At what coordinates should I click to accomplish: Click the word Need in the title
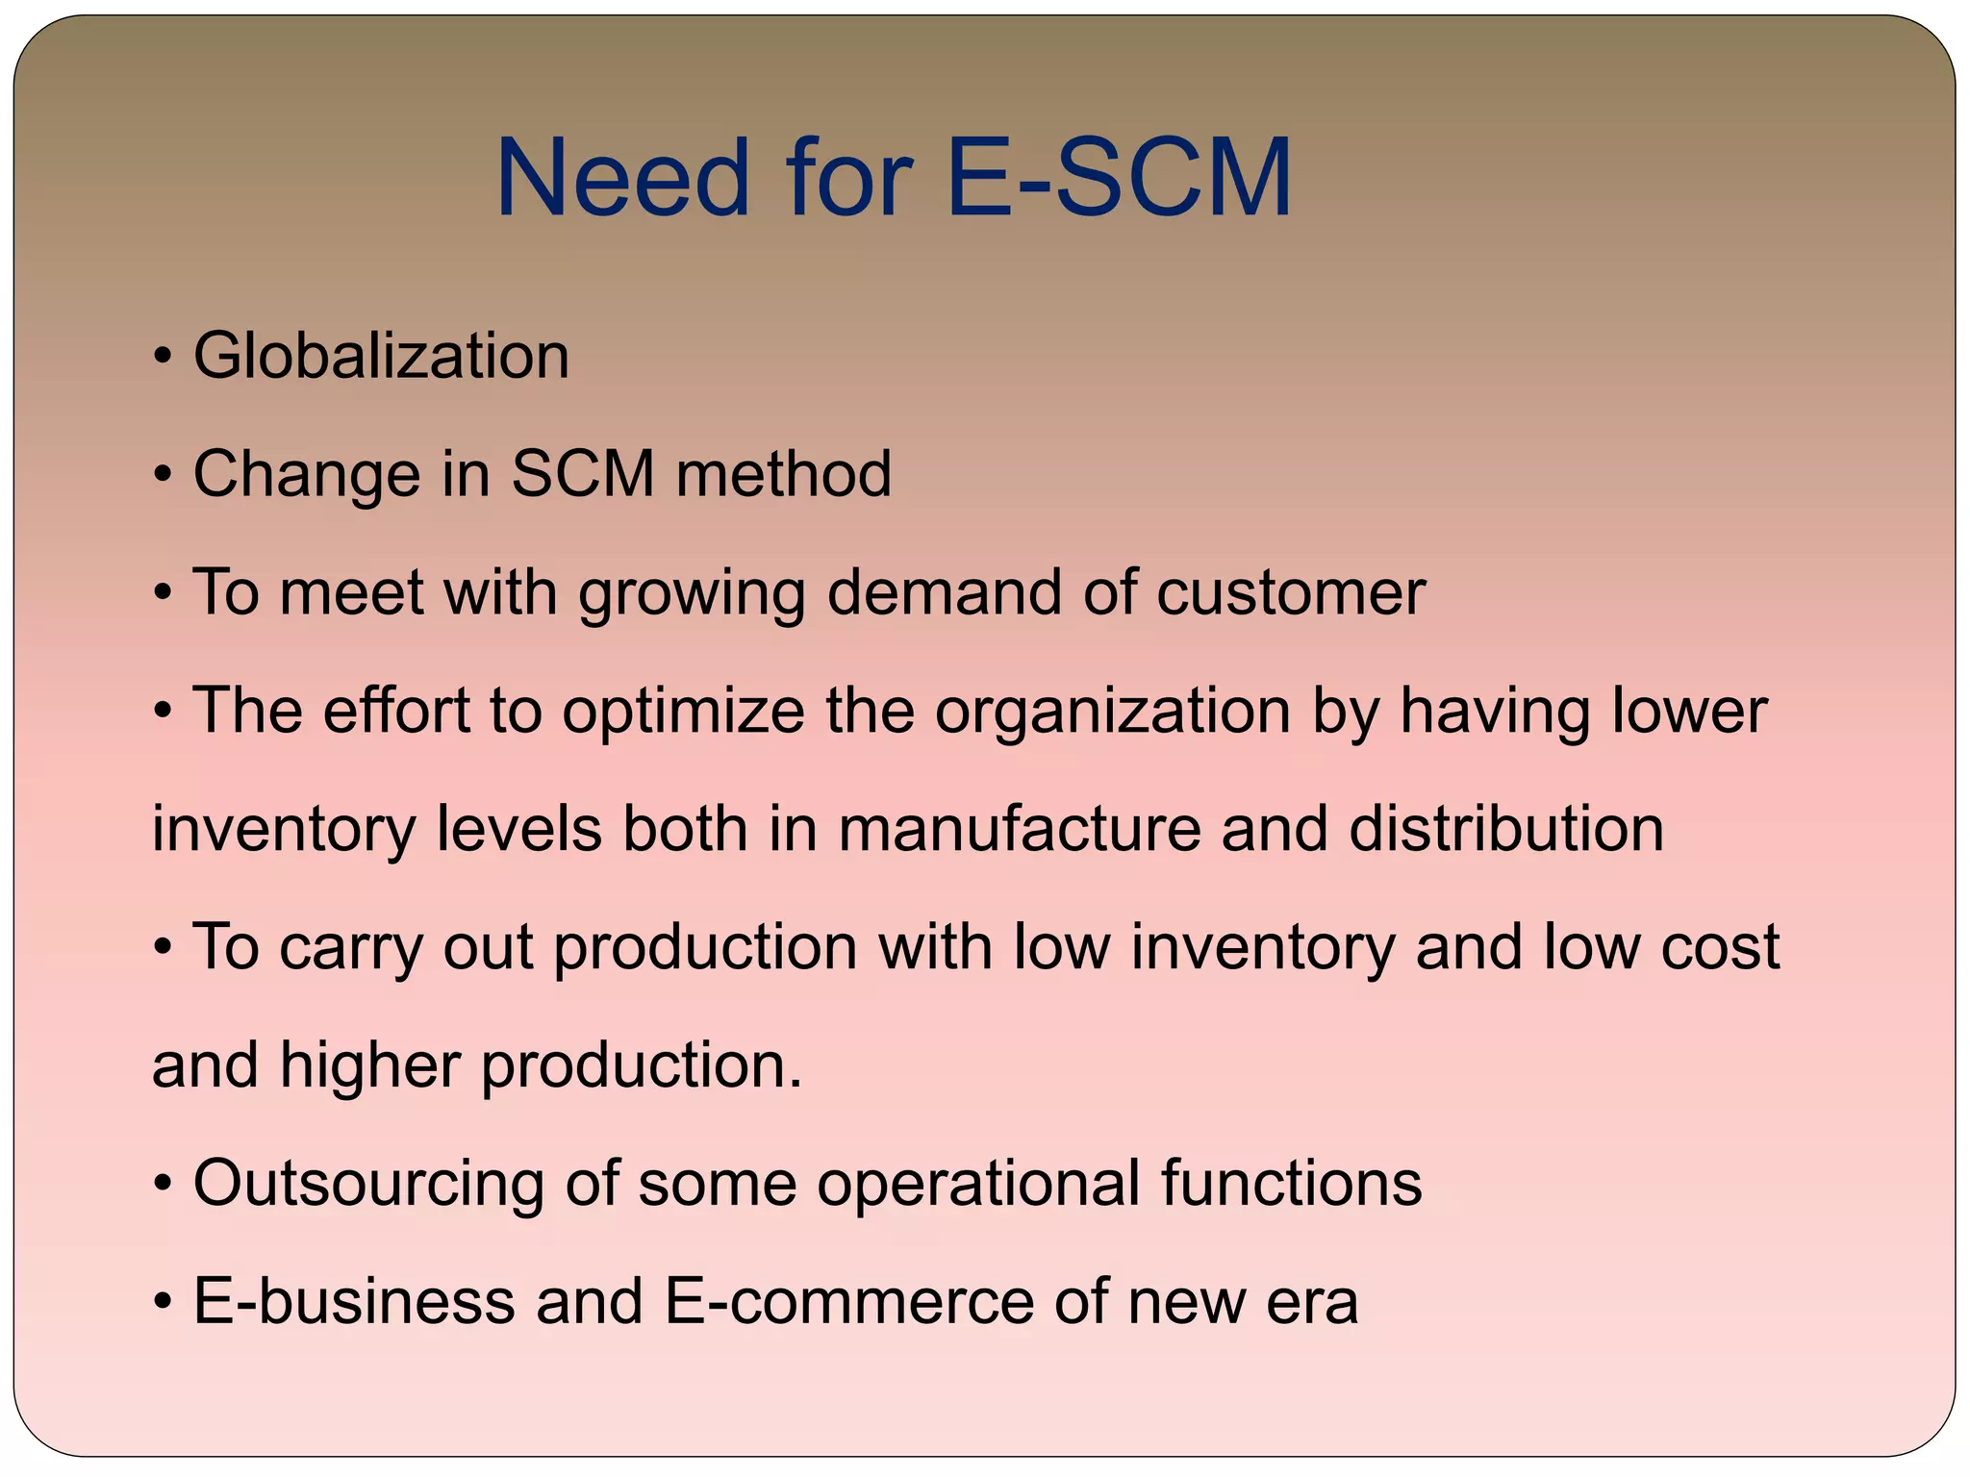point(621,179)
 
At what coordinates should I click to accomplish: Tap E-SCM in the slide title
point(1119,179)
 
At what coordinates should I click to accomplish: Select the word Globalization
point(381,357)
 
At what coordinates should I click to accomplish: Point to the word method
point(783,474)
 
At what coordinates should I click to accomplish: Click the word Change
point(307,476)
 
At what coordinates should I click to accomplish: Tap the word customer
point(1290,592)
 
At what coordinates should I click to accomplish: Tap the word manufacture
point(1019,829)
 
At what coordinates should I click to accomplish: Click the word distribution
point(1505,829)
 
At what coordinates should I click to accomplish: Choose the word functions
point(1291,1183)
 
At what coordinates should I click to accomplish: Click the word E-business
point(354,1301)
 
